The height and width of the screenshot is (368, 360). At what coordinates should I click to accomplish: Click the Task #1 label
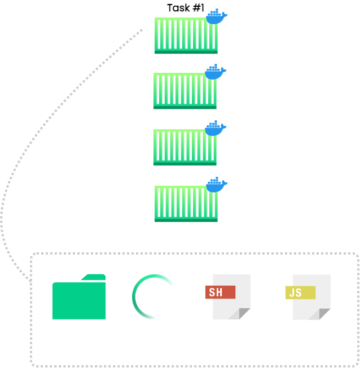[186, 8]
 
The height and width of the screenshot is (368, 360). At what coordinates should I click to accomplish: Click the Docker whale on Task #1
[216, 17]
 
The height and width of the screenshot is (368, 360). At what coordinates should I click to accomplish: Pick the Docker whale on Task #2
[215, 72]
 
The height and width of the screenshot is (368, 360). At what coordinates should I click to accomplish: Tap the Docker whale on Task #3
[215, 129]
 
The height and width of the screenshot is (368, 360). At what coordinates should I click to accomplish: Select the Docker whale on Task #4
[216, 185]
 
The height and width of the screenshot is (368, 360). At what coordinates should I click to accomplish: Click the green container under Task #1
[186, 36]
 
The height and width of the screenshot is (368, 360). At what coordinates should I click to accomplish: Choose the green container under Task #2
[185, 91]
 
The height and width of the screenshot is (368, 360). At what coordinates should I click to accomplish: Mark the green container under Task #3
[185, 148]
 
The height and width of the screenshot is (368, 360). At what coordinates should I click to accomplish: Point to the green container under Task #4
[186, 204]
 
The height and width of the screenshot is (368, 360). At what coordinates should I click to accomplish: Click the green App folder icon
[79, 297]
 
